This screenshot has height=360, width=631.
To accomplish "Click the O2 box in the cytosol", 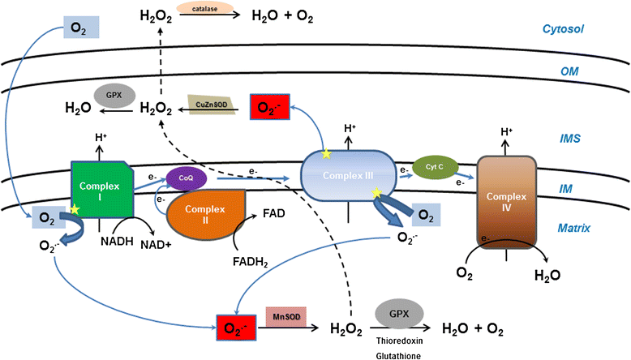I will click(81, 30).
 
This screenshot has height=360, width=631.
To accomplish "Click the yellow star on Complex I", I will click(75, 210).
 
